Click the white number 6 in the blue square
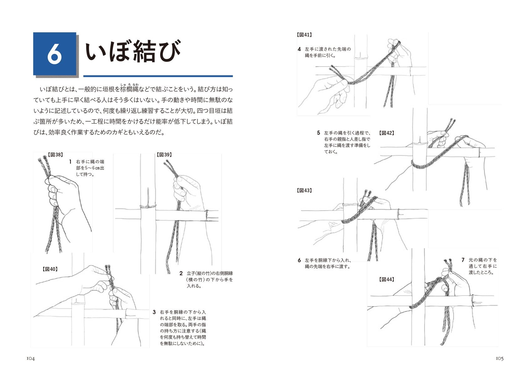pos(55,54)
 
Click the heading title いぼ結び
pos(133,52)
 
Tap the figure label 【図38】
pos(55,155)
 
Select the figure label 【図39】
pos(164,155)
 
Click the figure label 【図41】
pos(304,35)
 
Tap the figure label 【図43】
pos(304,191)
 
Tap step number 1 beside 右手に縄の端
pos(70,162)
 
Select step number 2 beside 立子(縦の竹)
pos(181,273)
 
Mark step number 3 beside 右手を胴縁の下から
pos(154,312)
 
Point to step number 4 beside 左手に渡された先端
pos(299,49)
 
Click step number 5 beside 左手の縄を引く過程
pos(318,133)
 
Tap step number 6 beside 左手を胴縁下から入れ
pos(299,260)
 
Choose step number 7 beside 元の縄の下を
pos(463,260)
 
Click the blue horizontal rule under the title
pos(158,76)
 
